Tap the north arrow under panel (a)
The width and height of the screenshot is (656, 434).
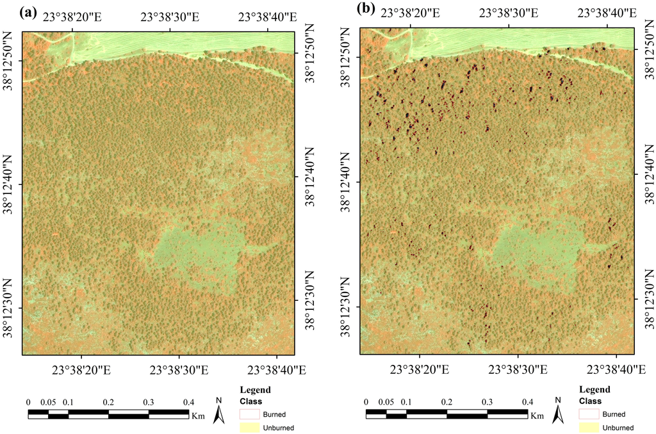coord(219,412)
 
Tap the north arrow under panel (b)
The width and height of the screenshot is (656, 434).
coord(557,412)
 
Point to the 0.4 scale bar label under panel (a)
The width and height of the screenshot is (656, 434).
coord(188,402)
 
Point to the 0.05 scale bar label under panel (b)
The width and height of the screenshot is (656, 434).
coord(386,402)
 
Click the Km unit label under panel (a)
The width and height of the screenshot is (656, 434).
coord(197,415)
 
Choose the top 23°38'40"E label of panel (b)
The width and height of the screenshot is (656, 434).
coord(606,13)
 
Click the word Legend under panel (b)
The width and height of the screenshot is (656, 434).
coord(594,390)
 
